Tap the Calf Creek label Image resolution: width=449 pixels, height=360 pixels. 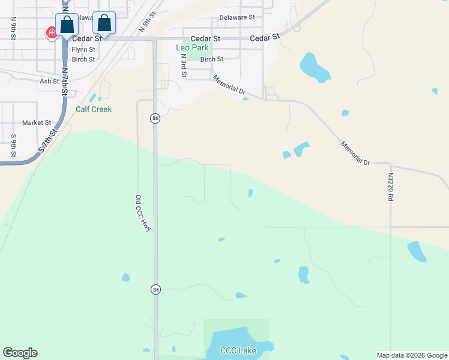pos(94,109)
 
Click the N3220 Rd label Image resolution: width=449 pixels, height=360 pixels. pos(390,190)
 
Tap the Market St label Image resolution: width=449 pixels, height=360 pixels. pos(37,123)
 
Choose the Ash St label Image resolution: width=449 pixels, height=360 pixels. pos(49,81)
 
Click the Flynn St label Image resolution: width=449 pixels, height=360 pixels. pos(83,50)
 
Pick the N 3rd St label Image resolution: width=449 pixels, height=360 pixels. pos(183,65)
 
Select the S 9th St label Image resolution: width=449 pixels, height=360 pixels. pos(13,146)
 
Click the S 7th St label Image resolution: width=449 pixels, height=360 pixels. pos(46,142)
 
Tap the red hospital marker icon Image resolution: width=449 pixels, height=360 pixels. pos(52,32)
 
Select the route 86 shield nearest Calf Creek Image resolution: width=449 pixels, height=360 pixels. pos(155,119)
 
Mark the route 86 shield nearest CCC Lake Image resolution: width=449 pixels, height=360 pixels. pos(155,290)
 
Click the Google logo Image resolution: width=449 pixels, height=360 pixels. pos(20,353)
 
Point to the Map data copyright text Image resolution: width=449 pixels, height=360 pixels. pos(412,355)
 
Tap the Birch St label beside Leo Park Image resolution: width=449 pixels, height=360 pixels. pos(211,59)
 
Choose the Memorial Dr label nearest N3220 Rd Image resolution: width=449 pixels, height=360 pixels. pos(355,154)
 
